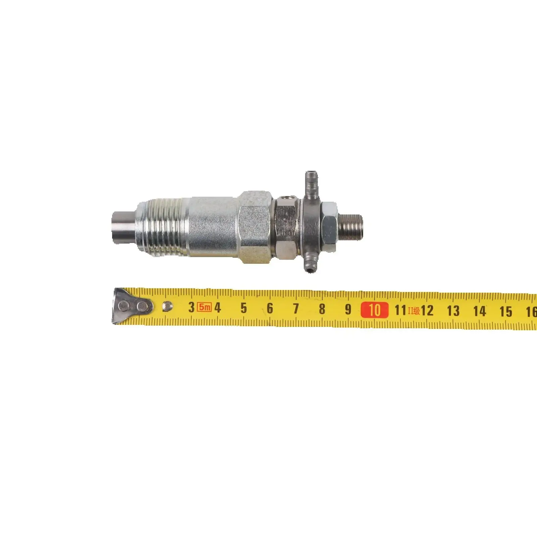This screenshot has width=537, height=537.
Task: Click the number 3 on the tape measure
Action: click(x=191, y=307)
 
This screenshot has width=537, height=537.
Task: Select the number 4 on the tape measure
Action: click(x=217, y=307)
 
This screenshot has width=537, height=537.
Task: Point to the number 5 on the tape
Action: click(x=244, y=308)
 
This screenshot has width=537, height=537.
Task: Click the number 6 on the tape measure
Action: click(x=270, y=308)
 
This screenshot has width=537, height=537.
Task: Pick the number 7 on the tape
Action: click(x=296, y=309)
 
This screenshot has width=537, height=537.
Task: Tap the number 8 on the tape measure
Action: click(x=322, y=309)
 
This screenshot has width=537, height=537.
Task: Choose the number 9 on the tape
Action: click(x=348, y=309)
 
